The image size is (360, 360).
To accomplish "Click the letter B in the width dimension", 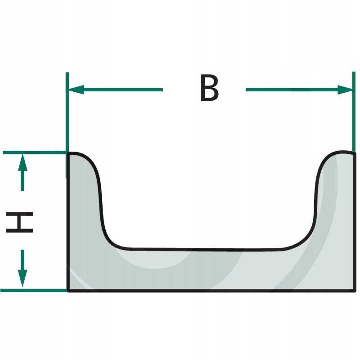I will (209, 89).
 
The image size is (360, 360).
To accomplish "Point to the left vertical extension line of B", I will (67, 117).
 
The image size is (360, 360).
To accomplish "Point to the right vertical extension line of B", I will (353, 117).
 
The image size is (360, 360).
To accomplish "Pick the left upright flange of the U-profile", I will (83, 202).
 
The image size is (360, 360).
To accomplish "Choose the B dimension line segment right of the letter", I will (292, 90).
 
